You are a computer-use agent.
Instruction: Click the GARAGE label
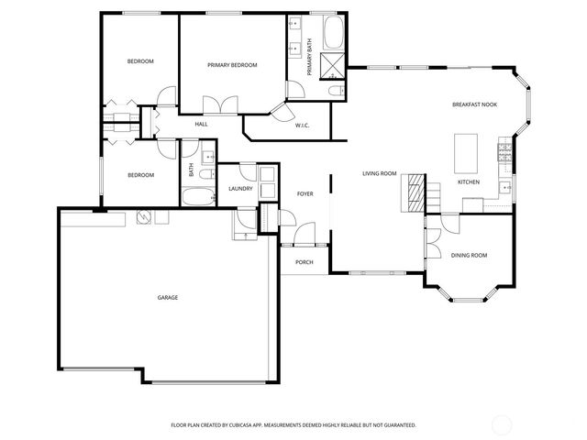pos(167,297)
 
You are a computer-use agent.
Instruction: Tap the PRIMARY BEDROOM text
pos(232,65)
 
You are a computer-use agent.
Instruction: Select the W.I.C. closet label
pos(302,126)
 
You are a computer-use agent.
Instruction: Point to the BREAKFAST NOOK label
pos(475,105)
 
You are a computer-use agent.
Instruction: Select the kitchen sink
pos(505,187)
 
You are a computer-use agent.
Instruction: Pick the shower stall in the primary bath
pos(334,66)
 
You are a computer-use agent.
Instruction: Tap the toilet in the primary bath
pos(335,90)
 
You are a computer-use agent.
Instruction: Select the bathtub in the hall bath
pos(197,196)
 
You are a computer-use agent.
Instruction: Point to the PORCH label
pos(304,262)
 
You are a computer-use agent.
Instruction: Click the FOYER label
pos(305,193)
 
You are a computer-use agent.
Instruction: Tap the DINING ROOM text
pos(468,255)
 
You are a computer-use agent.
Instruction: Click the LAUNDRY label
pos(240,189)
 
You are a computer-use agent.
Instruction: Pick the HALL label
pos(201,124)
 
